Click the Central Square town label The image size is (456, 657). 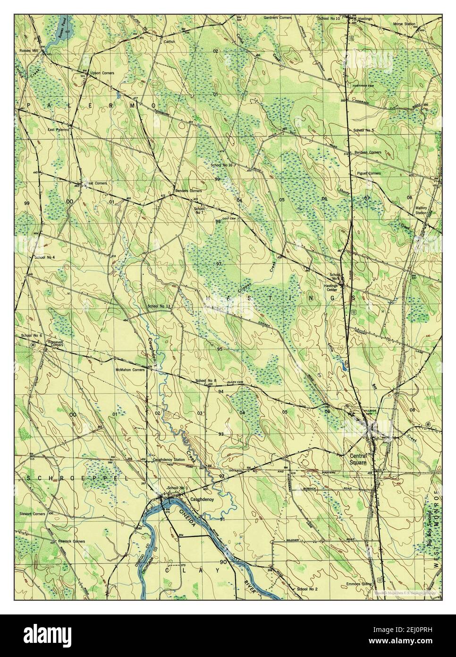[358, 459]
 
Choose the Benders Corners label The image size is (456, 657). [188, 190]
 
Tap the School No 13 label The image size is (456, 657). [159, 306]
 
